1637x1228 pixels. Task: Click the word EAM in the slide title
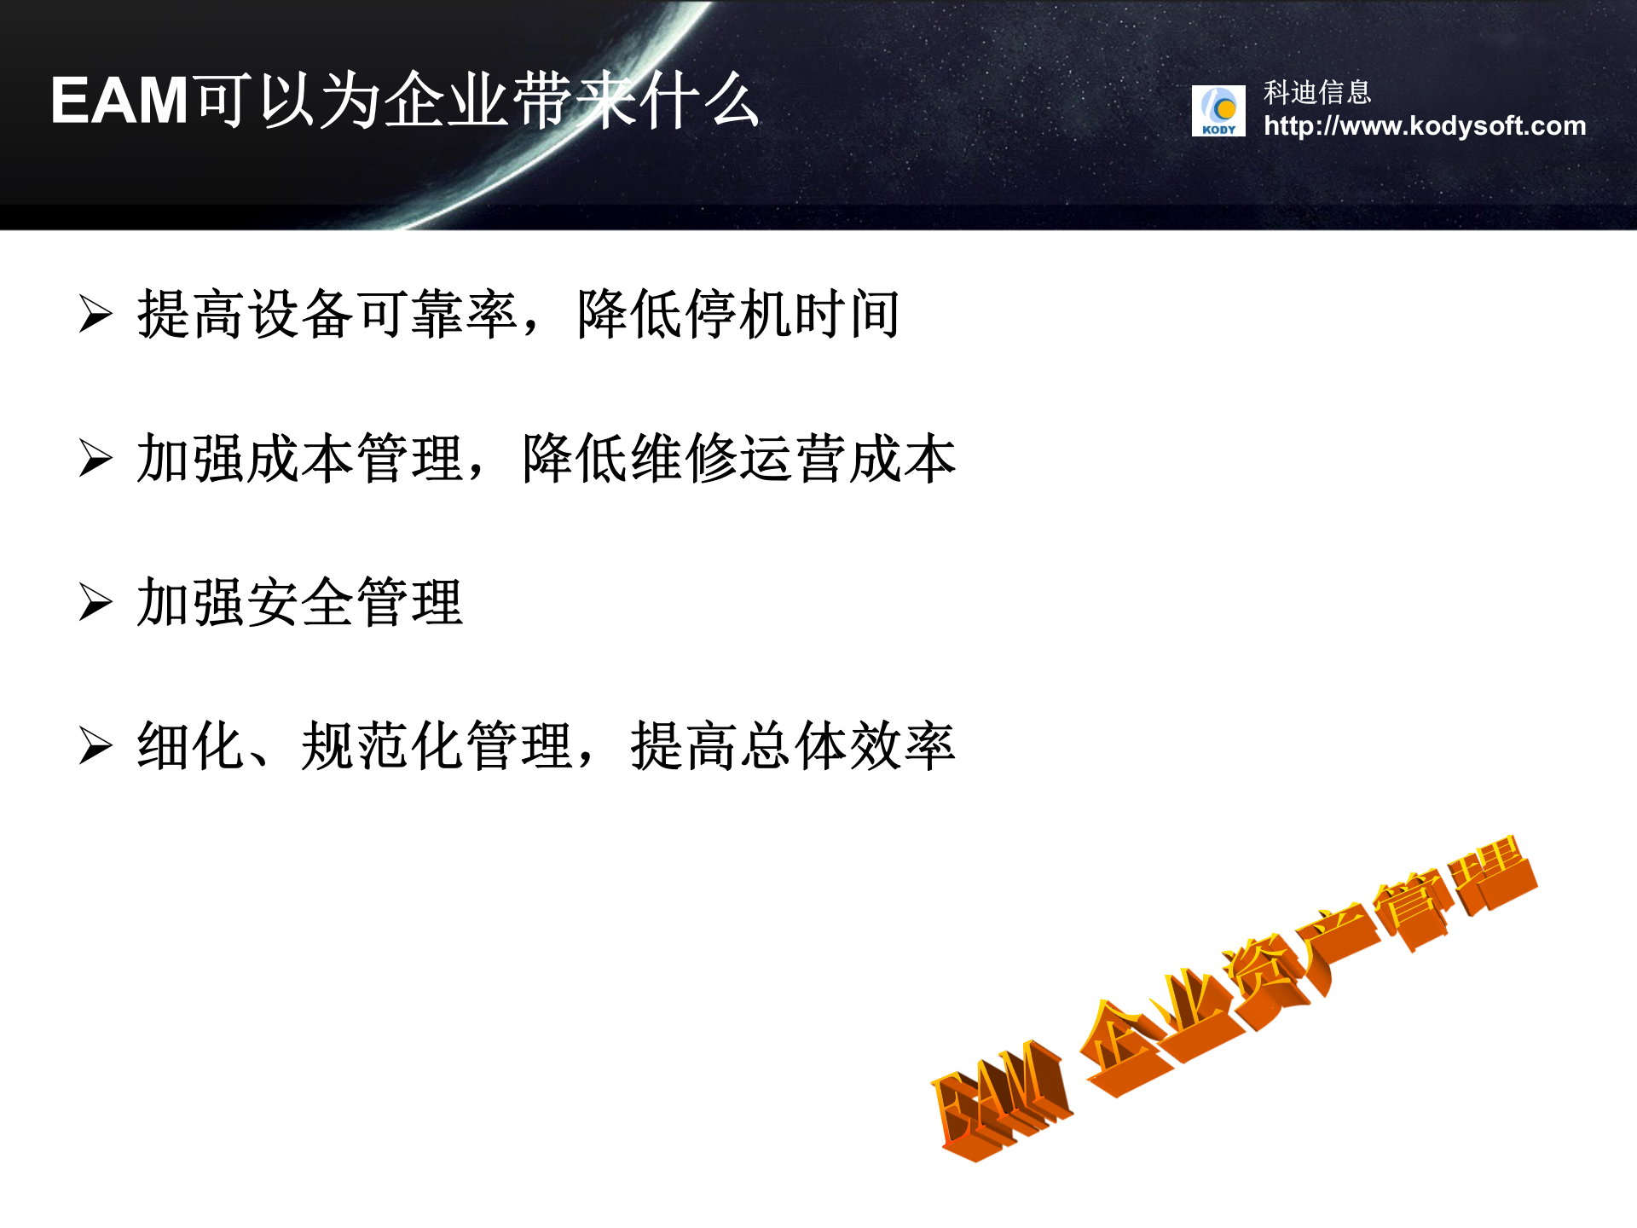point(119,101)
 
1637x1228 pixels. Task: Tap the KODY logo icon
point(1218,111)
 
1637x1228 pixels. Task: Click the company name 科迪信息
point(1317,92)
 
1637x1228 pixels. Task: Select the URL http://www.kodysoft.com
point(1425,126)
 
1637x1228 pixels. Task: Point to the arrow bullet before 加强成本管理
point(95,458)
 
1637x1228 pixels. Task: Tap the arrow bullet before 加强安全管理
point(95,602)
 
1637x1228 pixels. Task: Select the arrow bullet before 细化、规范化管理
point(95,746)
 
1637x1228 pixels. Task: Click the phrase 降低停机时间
point(738,314)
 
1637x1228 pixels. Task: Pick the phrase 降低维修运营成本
point(738,459)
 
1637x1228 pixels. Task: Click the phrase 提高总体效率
point(793,746)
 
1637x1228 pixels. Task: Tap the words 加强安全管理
point(300,602)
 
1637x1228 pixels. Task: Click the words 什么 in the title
point(699,101)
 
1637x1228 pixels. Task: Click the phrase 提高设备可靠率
point(327,314)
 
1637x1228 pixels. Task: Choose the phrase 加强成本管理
point(300,459)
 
